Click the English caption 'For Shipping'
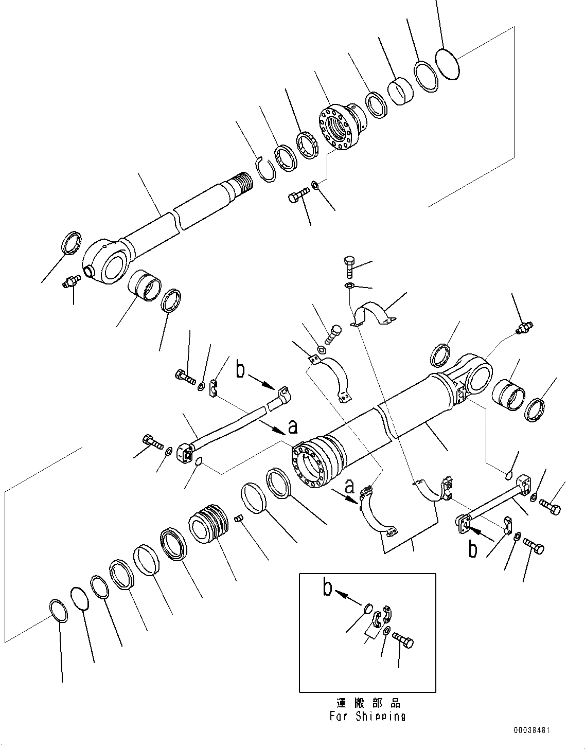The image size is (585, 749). click(x=368, y=716)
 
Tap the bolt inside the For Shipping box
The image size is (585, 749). click(x=403, y=641)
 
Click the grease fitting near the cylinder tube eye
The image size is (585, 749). click(x=524, y=328)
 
